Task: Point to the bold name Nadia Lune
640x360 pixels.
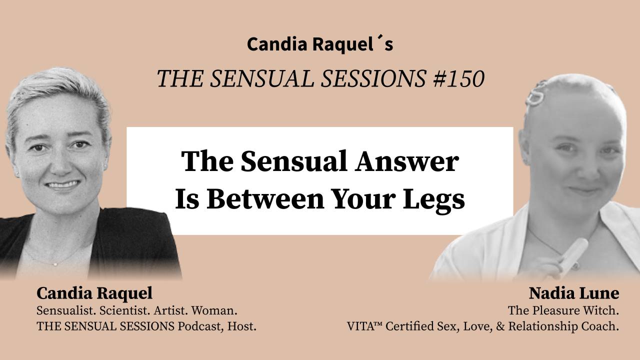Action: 574,293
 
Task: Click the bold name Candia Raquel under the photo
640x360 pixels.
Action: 94,293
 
